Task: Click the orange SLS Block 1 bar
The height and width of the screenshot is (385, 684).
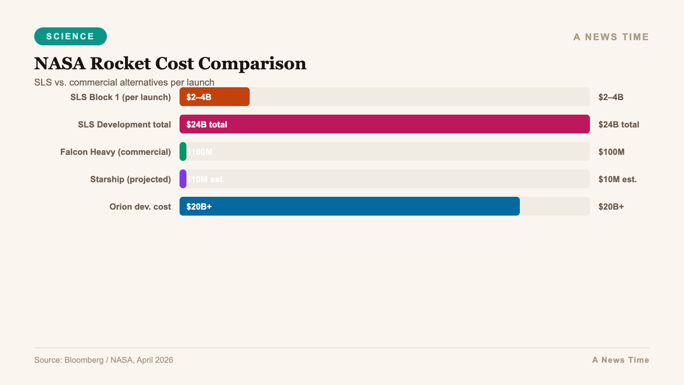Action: point(215,97)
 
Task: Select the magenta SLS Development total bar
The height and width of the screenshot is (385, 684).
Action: point(385,124)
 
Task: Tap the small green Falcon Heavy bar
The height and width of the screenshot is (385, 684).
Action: point(183,151)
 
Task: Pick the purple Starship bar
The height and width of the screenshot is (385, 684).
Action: point(183,179)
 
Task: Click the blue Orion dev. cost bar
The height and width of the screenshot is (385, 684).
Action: point(350,206)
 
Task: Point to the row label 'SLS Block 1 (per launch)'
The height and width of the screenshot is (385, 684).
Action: point(121,97)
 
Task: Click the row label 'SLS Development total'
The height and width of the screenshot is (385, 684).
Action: point(124,124)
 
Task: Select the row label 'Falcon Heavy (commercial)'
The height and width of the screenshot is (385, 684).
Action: point(115,152)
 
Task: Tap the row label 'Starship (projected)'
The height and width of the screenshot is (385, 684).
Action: point(130,179)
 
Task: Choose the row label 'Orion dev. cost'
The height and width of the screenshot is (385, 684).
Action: point(140,207)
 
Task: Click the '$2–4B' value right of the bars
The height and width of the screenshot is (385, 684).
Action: point(611,97)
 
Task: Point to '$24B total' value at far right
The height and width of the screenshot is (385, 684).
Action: point(619,124)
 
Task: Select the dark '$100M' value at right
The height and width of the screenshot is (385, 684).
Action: point(611,152)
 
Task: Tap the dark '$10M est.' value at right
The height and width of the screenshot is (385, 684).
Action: point(617,179)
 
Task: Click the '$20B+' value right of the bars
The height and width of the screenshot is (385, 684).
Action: point(611,207)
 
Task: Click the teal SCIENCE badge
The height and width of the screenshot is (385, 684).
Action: point(71,36)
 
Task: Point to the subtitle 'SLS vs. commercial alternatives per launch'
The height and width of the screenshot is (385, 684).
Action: point(124,82)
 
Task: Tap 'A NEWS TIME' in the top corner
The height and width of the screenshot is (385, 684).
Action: point(611,37)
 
